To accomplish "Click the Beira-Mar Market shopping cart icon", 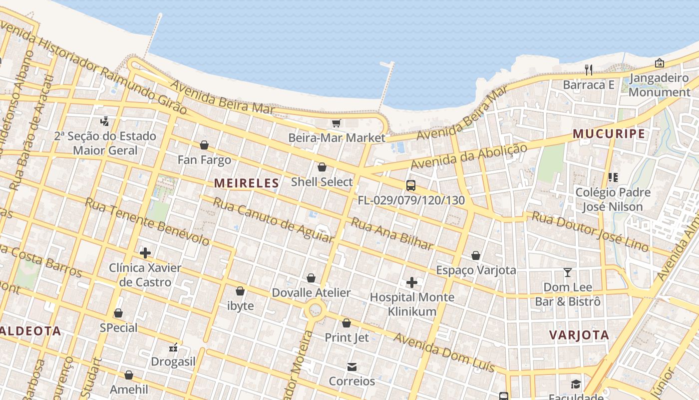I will tap(336, 123).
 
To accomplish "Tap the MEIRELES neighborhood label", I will tap(246, 183).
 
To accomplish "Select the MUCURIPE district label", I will tap(609, 134).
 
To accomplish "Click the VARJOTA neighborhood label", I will tap(579, 335).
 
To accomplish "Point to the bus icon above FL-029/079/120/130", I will tap(410, 185).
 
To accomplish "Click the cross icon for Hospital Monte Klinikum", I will tap(411, 283).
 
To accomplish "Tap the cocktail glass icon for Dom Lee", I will tap(567, 272).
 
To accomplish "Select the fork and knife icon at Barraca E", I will tap(589, 70).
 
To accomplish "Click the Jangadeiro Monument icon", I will tap(659, 63).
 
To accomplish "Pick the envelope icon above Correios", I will tap(351, 367).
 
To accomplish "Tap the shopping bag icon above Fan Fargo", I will tap(204, 145).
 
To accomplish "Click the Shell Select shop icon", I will tap(322, 167).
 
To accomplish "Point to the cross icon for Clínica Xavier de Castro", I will tap(145, 253).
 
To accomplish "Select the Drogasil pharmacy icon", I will tap(173, 347).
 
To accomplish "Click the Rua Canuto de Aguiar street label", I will tap(273, 220).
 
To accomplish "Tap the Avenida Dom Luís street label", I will tap(444, 352).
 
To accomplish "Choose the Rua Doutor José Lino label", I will tap(590, 231).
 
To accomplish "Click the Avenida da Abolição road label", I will tap(469, 156).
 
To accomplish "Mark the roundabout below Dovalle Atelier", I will tap(315, 311).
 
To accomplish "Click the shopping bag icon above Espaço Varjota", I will tap(475, 256).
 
